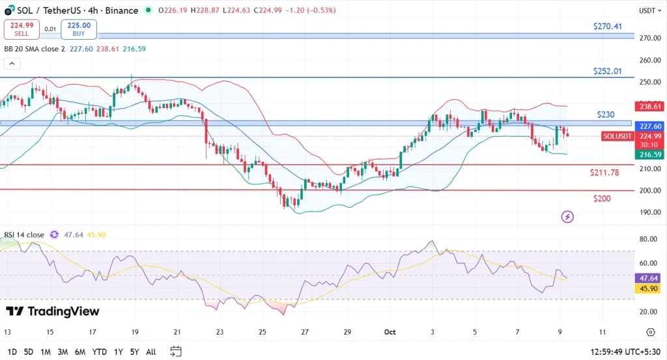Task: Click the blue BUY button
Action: pos(79,29)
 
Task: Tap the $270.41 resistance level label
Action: pos(607,27)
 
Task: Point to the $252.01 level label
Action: pos(606,70)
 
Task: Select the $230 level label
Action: pos(606,115)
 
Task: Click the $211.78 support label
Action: pos(604,173)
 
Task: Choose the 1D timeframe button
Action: pos(12,352)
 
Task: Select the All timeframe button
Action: pos(151,352)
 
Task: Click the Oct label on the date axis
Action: pos(390,331)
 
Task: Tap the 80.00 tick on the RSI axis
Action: pos(647,240)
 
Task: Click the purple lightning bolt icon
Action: pos(568,216)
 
